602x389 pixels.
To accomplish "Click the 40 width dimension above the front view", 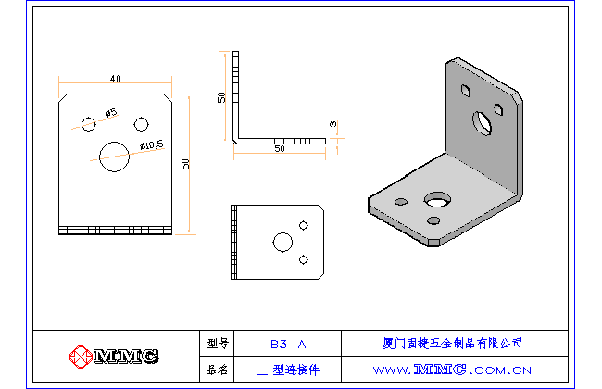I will [115, 79].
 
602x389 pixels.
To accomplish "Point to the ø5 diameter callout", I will [110, 113].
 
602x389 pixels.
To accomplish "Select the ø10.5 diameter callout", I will [151, 144].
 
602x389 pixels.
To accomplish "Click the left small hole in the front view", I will [88, 123].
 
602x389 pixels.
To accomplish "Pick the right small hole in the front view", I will [142, 124].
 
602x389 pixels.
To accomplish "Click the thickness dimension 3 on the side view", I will [332, 123].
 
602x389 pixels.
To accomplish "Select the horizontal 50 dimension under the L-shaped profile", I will [279, 148].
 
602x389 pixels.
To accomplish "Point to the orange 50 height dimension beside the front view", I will [186, 164].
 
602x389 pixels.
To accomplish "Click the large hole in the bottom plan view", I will [282, 243].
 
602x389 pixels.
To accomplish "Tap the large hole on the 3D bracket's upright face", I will [483, 120].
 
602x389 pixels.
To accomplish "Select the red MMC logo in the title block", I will [114, 356].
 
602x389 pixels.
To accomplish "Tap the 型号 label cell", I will [218, 343].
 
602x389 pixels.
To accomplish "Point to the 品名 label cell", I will [218, 370].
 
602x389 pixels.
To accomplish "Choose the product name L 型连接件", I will [287, 370].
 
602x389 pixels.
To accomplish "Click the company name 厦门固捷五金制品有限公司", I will [452, 343].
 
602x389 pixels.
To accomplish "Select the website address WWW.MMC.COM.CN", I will [452, 370].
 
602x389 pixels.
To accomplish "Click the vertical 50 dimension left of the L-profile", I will [222, 98].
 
